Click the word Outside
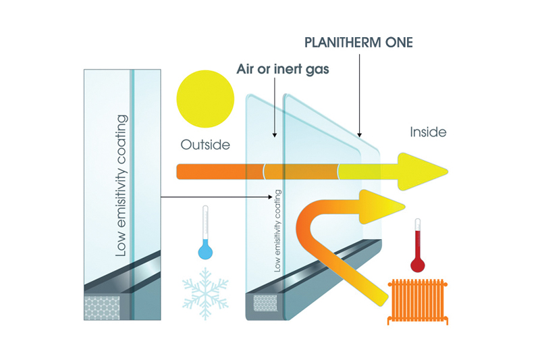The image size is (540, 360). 205,145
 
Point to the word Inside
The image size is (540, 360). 428,132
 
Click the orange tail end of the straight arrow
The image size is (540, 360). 180,172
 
